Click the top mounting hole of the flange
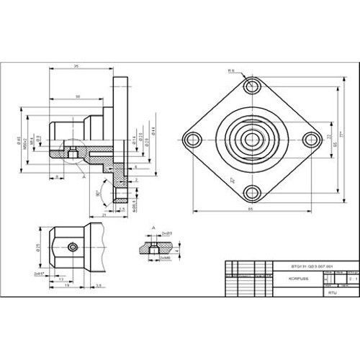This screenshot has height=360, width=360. pyautogui.click(x=251, y=87)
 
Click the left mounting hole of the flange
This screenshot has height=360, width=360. pyautogui.click(x=192, y=139)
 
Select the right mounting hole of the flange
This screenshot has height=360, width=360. pyautogui.click(x=310, y=139)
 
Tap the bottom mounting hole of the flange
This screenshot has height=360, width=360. pyautogui.click(x=251, y=192)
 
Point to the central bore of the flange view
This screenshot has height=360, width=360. pyautogui.click(x=251, y=139)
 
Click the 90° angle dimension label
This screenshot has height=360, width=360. pyautogui.click(x=98, y=194)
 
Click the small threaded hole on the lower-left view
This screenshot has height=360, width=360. pyautogui.click(x=72, y=248)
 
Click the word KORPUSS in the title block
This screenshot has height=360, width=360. pyautogui.click(x=289, y=276)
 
